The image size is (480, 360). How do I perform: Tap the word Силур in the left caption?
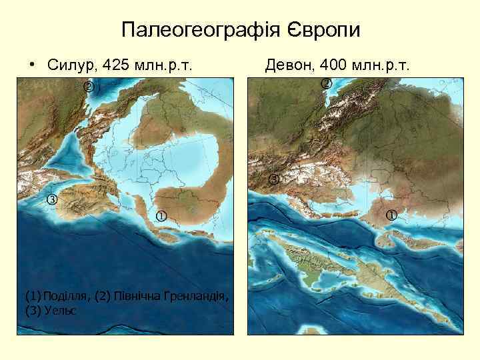[70, 65]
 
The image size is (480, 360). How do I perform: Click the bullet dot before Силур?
[31, 65]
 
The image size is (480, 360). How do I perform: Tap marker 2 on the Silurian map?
[87, 87]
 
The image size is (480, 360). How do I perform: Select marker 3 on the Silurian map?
[51, 201]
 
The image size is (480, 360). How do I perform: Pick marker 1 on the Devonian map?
[391, 215]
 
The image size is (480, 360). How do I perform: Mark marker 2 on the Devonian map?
[326, 83]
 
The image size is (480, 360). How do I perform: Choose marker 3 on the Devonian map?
[274, 179]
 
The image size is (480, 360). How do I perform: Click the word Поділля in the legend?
[63, 295]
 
